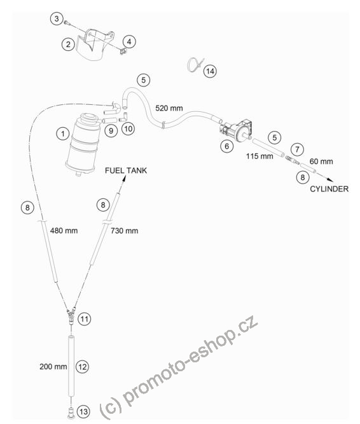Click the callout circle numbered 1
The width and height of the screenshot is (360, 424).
[x=63, y=133]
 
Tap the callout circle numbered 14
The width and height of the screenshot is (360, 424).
[x=210, y=71]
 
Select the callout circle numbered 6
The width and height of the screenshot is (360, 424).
[x=226, y=146]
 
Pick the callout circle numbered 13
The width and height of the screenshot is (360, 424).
[x=83, y=411]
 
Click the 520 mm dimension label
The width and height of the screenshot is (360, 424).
[x=169, y=108]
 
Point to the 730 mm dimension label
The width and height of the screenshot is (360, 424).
[x=125, y=231]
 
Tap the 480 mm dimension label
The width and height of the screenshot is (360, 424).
[x=64, y=231]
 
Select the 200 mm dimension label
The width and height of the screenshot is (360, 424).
[x=53, y=367]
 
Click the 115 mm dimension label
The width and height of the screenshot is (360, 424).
[x=260, y=156]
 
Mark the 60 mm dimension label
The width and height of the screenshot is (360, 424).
[x=321, y=161]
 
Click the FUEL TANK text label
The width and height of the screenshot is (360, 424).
[x=126, y=170]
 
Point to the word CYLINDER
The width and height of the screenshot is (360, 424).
[x=329, y=189]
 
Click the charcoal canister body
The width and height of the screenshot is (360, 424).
[x=83, y=145]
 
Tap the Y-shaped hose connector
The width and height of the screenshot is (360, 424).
[x=71, y=315]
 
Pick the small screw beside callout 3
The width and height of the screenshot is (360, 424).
[x=67, y=23]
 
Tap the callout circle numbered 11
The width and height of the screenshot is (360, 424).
[x=85, y=319]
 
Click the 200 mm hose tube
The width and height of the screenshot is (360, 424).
[x=71, y=366]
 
